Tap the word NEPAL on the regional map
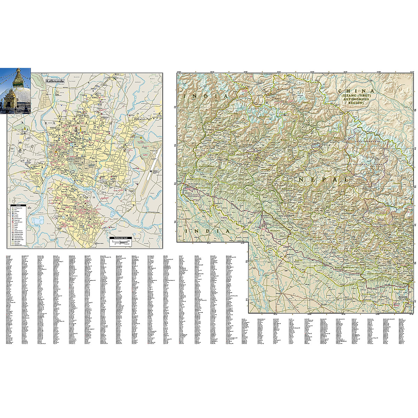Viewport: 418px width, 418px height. pyautogui.click(x=323, y=180)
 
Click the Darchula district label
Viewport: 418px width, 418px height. pyautogui.click(x=233, y=114)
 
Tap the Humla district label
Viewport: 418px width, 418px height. pyautogui.click(x=307, y=103)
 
